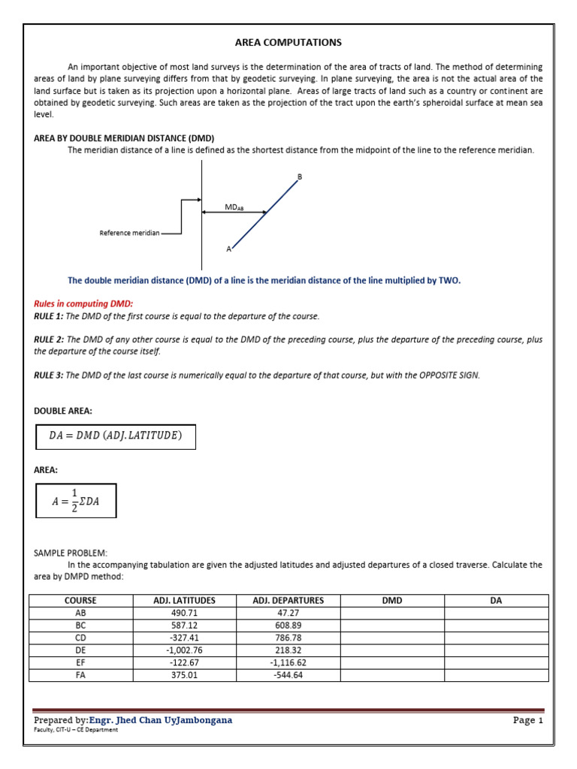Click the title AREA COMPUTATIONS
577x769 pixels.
click(x=288, y=43)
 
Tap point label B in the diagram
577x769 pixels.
click(x=300, y=177)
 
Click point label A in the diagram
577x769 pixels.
click(x=228, y=248)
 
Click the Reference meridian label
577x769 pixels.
click(x=130, y=233)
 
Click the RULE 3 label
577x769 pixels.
click(x=49, y=375)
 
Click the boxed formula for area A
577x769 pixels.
click(x=75, y=501)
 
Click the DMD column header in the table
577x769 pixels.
click(x=392, y=601)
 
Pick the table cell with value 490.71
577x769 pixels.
click(x=183, y=613)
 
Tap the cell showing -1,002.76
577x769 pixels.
click(x=183, y=650)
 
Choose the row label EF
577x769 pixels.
click(x=81, y=662)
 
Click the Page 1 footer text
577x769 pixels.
click(x=527, y=720)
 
